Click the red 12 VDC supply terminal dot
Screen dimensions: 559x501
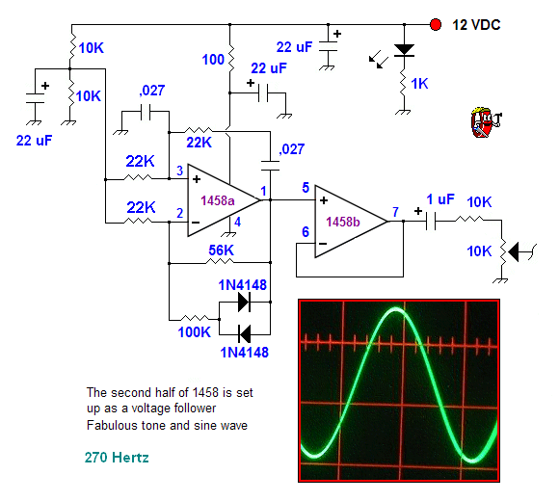coord(436,25)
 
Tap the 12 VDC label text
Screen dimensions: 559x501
coord(476,25)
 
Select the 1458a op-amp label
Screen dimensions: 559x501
coord(218,200)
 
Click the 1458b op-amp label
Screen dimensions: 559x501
coord(343,222)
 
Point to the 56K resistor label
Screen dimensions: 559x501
coord(221,250)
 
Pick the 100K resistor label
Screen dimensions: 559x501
coord(195,332)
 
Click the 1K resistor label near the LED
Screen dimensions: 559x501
coord(419,84)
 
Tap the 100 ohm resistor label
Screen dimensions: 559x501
coord(213,60)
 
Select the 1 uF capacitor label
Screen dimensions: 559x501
coord(440,199)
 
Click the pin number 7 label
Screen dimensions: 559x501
coord(395,212)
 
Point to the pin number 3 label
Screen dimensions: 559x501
coord(180,171)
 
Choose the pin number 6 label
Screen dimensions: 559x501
coord(306,232)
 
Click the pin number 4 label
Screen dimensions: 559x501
coord(238,222)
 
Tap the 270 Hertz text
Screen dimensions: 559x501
coord(117,458)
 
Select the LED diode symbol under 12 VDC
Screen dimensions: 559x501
coord(404,50)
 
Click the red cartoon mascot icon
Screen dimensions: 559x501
coord(486,122)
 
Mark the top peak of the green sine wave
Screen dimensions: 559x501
coord(396,310)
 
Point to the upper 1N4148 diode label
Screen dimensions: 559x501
coord(243,285)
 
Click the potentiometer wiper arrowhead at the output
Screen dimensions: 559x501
coord(513,252)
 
